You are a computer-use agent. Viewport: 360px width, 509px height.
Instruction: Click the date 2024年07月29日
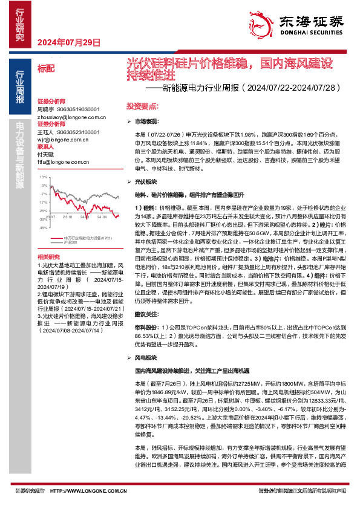coord(68,42)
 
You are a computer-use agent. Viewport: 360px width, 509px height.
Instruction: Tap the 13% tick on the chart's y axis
coord(44,178)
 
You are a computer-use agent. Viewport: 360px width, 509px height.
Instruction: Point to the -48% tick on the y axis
coord(43,228)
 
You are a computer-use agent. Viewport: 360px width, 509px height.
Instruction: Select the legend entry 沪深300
coord(70,242)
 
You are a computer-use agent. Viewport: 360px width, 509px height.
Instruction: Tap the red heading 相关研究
coord(48,257)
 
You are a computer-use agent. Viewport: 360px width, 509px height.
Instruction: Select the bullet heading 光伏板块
coord(145,181)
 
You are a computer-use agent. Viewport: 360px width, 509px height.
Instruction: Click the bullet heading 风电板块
coord(145,357)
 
